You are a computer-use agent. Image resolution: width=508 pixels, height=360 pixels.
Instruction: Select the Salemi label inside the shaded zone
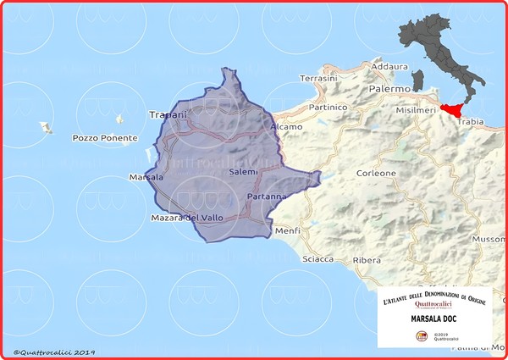pos(242,172)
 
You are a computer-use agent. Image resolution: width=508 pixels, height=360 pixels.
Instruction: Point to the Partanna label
pos(267,197)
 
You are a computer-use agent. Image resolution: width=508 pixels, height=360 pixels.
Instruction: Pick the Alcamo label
pos(286,127)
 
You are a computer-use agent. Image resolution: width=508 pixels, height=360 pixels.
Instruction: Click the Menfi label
pos(288,230)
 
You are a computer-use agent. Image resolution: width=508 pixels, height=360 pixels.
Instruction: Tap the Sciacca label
pos(318,259)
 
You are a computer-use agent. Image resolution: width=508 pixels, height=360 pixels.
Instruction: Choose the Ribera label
pos(367,260)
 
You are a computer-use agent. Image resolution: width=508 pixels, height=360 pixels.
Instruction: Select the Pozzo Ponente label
pos(99,137)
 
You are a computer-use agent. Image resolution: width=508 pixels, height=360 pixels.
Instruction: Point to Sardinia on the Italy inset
pos(417,80)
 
